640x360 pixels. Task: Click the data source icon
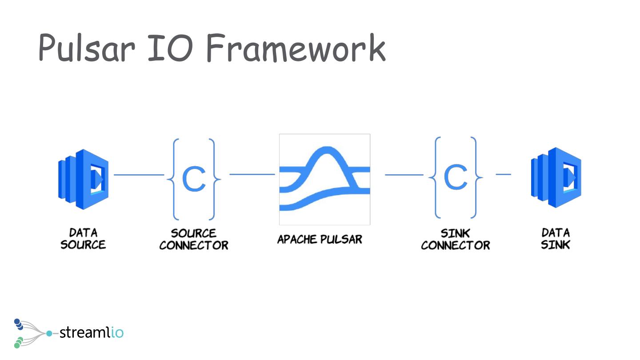click(x=84, y=179)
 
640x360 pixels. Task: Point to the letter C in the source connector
click(x=194, y=179)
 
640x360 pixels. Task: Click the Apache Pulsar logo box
click(x=324, y=180)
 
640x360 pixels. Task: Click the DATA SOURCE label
click(x=83, y=239)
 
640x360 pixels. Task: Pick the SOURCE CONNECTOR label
click(x=194, y=239)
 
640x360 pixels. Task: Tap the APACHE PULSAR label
click(x=320, y=240)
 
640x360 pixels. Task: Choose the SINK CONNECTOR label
click(x=456, y=239)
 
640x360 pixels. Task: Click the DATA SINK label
click(x=556, y=239)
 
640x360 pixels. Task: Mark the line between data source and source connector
click(x=139, y=175)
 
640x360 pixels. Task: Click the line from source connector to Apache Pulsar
click(x=252, y=174)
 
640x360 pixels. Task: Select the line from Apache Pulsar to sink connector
click(x=404, y=175)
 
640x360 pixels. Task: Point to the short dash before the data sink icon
click(x=503, y=174)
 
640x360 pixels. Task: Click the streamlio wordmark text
click(x=91, y=332)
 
